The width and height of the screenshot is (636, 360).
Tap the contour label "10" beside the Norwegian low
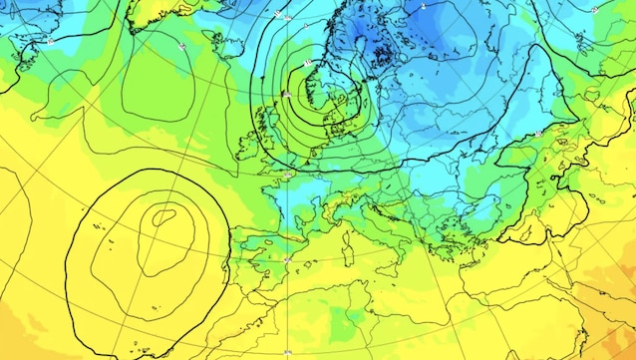point(308,64)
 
